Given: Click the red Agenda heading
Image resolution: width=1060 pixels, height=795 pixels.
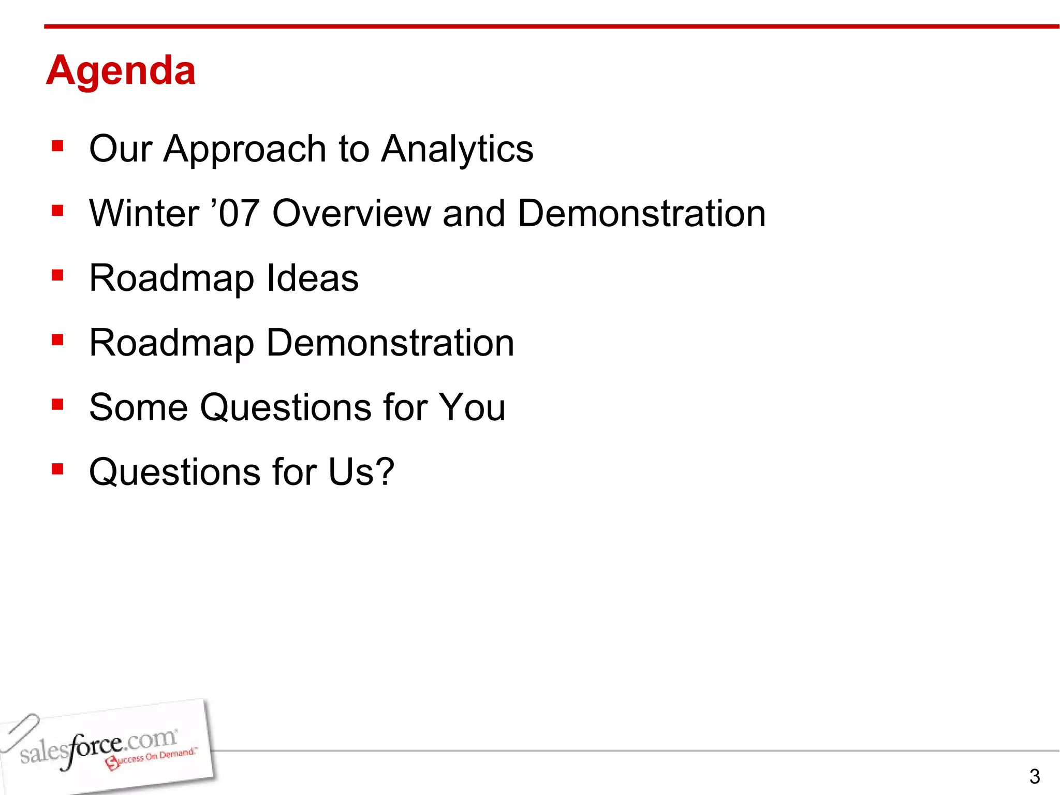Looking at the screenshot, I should pyautogui.click(x=121, y=71).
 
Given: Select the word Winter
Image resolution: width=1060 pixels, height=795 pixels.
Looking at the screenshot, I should pyautogui.click(x=144, y=213).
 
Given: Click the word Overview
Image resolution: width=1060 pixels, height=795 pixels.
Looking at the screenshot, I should pyautogui.click(x=351, y=213).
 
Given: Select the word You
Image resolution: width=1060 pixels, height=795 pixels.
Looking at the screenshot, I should pyautogui.click(x=472, y=407).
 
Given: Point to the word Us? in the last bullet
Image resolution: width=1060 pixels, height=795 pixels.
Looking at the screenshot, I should pyautogui.click(x=361, y=472).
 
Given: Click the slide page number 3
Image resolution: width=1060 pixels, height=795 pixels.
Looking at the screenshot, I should pyautogui.click(x=1034, y=776).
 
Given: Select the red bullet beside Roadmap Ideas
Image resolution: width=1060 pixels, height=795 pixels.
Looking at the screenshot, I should pyautogui.click(x=57, y=275).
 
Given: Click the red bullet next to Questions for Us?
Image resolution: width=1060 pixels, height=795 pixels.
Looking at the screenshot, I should pyautogui.click(x=57, y=469).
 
